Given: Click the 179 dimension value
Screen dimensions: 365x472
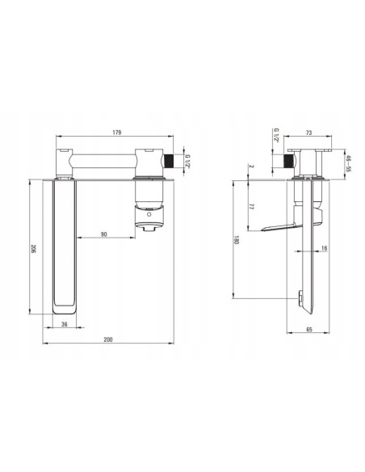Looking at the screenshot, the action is pos(116,133).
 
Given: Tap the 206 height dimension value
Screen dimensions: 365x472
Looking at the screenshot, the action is pos(33,249).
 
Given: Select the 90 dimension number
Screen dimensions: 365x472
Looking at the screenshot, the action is pos(103,234).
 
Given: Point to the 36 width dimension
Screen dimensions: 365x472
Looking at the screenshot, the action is pos(65,324).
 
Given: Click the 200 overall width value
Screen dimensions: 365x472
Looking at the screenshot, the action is pos(108,339).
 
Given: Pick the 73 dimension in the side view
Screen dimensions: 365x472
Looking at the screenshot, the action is pos(308,133).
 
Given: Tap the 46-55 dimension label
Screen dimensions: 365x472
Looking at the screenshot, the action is pos(349,163).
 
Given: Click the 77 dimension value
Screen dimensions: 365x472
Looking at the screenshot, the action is pos(252,207).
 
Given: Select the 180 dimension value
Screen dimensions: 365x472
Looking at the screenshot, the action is pos(237,240).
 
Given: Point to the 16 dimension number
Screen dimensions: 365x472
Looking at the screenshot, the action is pos(324,248).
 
